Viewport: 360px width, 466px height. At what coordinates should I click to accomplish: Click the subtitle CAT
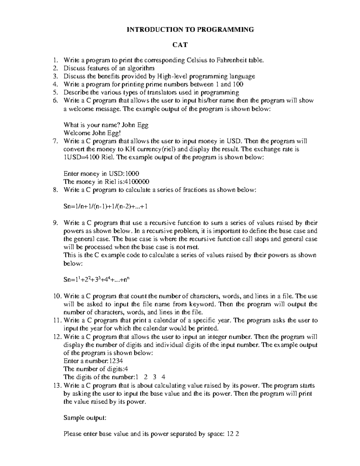tap(180, 45)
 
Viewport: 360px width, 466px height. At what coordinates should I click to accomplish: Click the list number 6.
tap(55, 101)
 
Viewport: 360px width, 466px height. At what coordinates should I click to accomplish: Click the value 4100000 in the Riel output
tap(136, 182)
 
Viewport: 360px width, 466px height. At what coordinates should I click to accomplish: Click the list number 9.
tap(55, 223)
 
